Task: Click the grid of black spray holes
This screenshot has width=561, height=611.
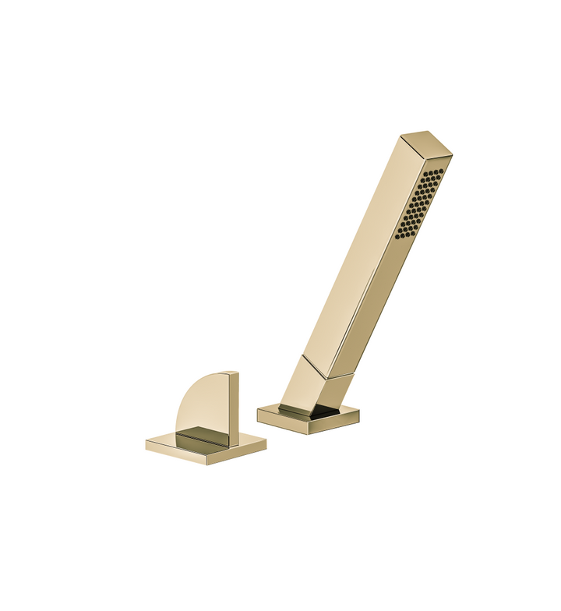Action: click(421, 203)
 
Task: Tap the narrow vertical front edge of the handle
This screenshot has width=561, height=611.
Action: click(233, 409)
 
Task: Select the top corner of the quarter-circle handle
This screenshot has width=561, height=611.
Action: click(233, 373)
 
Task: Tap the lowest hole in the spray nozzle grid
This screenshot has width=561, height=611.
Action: click(399, 234)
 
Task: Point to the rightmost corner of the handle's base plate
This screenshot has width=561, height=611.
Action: click(266, 440)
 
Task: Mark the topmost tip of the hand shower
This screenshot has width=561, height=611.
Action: click(427, 132)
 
